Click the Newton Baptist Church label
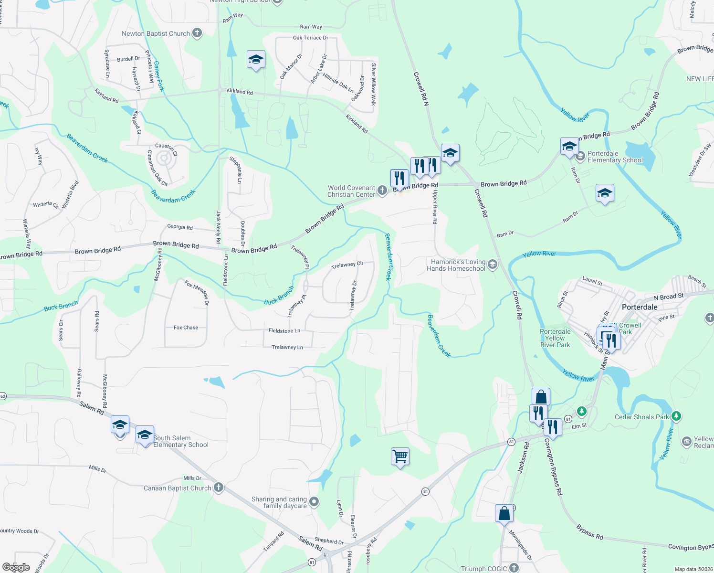[156, 33]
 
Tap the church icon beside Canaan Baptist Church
[219, 488]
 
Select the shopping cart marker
[400, 456]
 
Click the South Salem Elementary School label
[181, 441]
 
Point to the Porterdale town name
[640, 307]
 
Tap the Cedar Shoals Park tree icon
[676, 416]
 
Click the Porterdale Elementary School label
[615, 157]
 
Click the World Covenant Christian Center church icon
[382, 191]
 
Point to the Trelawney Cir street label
[347, 265]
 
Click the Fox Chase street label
[186, 328]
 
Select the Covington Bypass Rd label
[554, 466]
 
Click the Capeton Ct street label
[166, 149]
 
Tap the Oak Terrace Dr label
[310, 38]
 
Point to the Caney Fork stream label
[159, 76]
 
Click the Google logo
[16, 567]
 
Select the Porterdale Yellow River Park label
[555, 338]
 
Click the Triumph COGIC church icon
[514, 567]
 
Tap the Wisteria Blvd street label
[70, 194]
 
